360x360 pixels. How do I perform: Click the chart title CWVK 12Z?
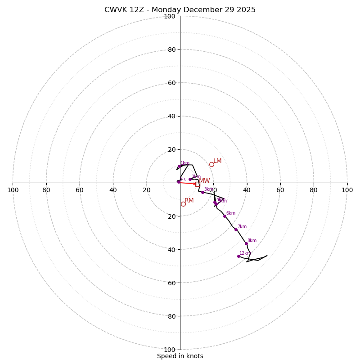[180, 10]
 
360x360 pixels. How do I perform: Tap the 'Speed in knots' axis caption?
[180, 356]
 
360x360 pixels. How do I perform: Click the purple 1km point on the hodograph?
[179, 166]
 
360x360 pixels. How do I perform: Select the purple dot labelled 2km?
[190, 179]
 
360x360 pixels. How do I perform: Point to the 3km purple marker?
[202, 192]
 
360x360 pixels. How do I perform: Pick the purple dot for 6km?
[225, 216]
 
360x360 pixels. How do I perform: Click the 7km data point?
[236, 229]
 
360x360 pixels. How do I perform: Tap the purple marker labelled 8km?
[246, 243]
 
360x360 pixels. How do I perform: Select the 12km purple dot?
[238, 256]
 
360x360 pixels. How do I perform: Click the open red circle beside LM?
[211, 164]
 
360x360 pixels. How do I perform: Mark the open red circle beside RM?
[183, 204]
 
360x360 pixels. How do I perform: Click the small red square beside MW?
[197, 184]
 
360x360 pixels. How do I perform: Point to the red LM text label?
[217, 161]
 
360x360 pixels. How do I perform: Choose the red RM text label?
[189, 200]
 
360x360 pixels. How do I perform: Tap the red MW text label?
[204, 180]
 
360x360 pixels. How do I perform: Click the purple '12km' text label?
[245, 253]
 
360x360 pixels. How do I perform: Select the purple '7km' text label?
[242, 227]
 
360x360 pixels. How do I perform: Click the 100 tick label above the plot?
[170, 16]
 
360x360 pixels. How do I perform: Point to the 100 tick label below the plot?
[170, 349]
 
